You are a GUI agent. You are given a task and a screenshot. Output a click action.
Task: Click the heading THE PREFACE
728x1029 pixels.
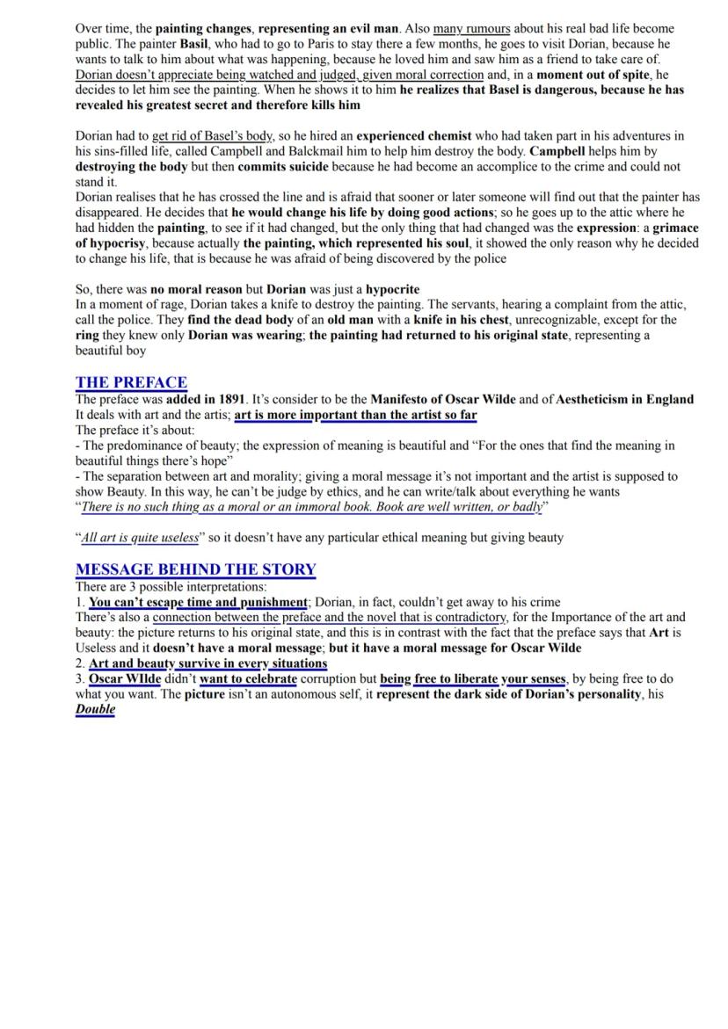(x=131, y=382)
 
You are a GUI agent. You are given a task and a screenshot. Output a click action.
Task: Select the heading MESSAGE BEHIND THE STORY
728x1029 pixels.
(x=195, y=569)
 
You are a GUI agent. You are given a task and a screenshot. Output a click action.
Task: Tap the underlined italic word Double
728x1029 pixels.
(x=95, y=709)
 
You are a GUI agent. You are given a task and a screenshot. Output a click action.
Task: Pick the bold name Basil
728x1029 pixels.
(x=194, y=43)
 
